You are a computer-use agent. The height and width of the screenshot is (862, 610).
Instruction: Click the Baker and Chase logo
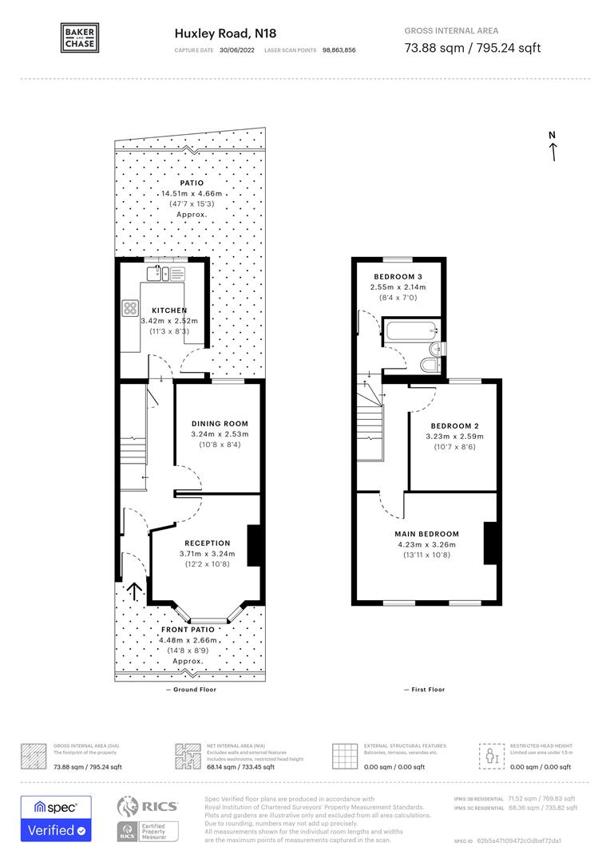pos(81,38)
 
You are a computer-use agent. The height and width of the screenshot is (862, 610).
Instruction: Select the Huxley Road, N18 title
pos(214,34)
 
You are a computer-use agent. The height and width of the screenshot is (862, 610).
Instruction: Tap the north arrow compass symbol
pos(552,146)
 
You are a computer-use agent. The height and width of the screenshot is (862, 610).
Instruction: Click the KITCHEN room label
pos(169,310)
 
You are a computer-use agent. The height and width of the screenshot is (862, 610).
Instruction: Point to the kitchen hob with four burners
pos(131,308)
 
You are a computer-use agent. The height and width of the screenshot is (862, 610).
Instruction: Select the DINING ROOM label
pos(220,424)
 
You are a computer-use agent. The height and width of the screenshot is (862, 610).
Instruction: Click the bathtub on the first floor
pos(410,329)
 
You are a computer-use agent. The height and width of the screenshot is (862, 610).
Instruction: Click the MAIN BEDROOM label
pos(426,534)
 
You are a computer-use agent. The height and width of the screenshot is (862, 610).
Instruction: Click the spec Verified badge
pos(55,818)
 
